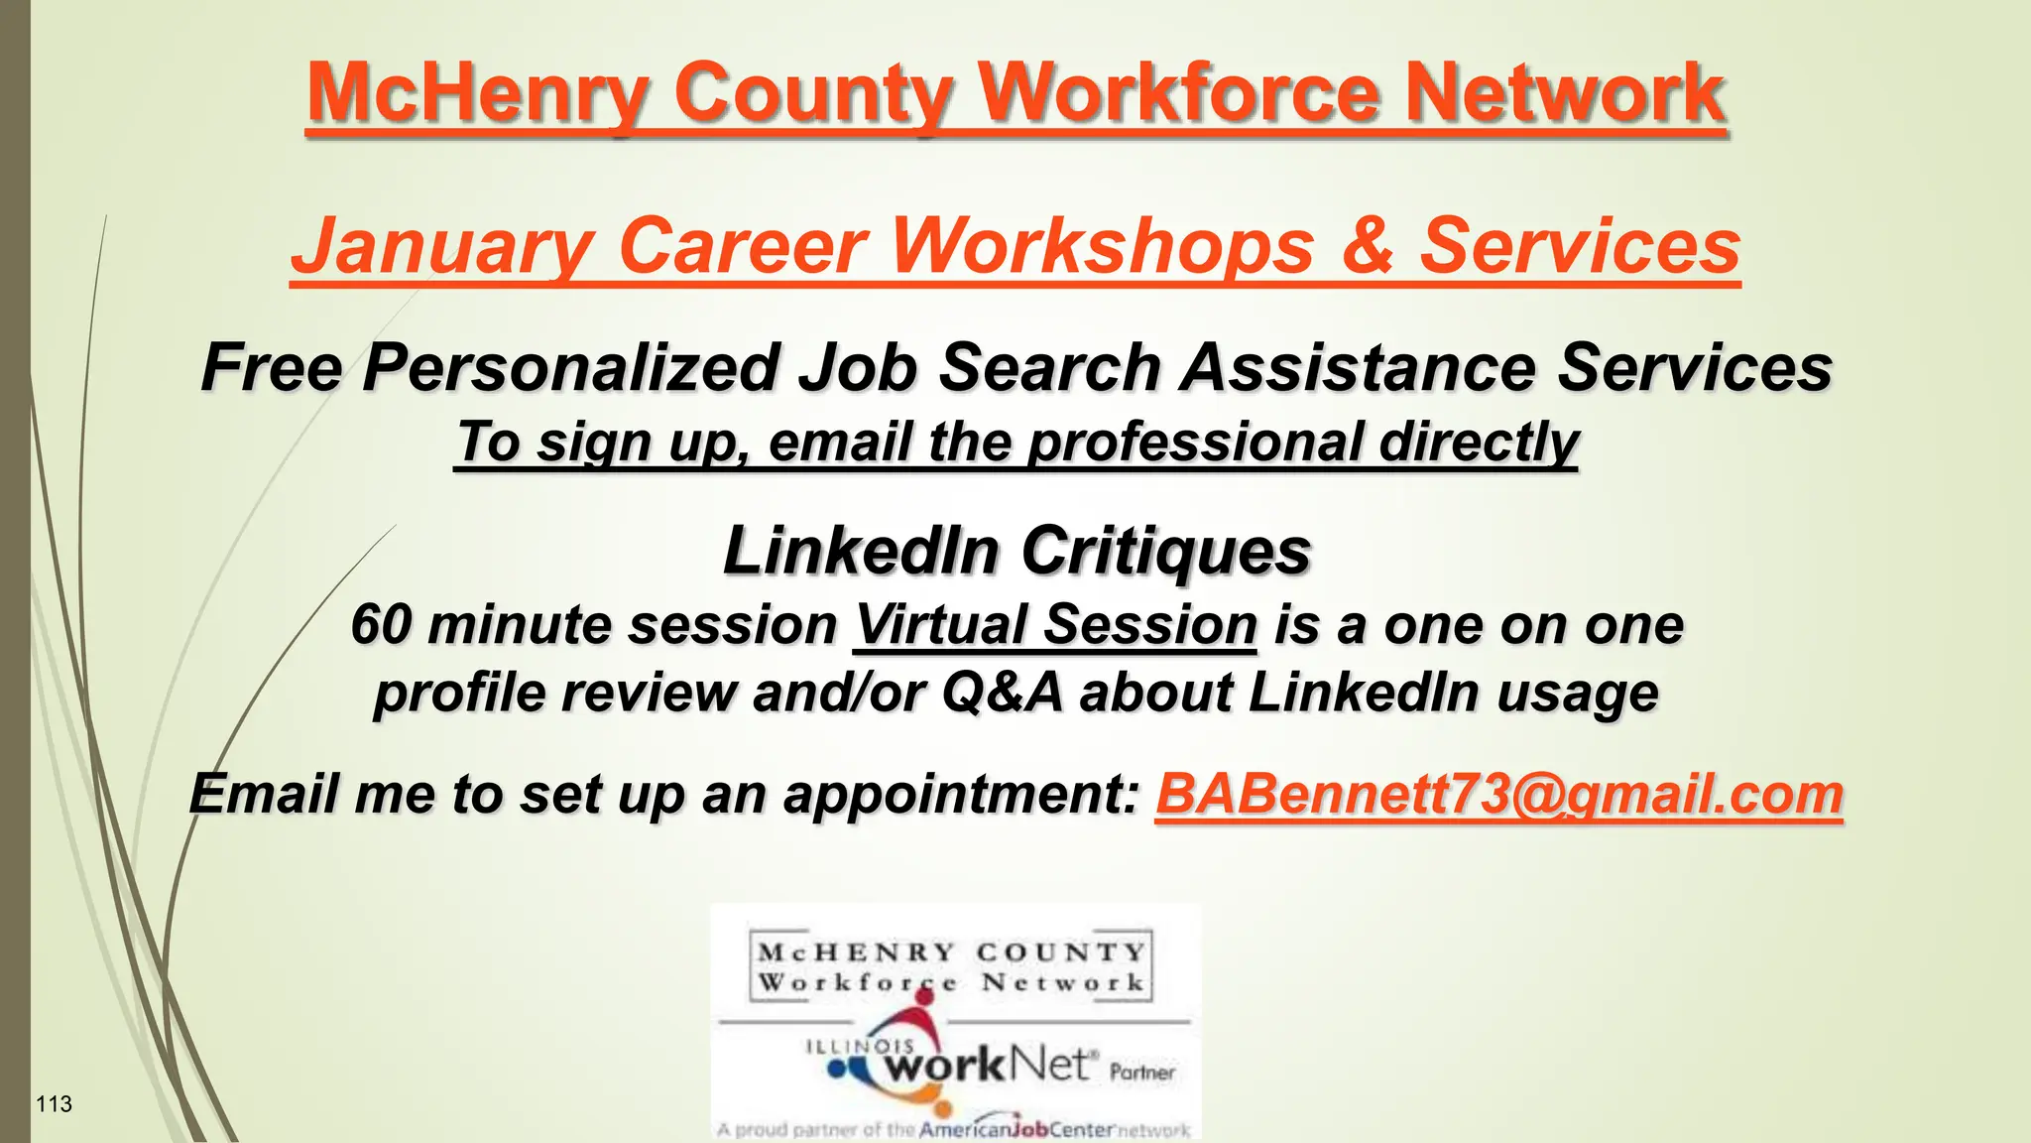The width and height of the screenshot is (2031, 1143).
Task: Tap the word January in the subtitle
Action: [442, 246]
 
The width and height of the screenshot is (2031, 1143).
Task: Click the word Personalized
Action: [570, 368]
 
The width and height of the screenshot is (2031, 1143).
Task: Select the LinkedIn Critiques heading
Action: [1016, 551]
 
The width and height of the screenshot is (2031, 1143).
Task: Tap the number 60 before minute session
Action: [381, 625]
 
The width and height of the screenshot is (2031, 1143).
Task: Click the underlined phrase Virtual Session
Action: [1055, 625]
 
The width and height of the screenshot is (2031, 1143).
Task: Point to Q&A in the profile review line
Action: [1002, 693]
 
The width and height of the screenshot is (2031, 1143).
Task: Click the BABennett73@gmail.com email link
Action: [1498, 795]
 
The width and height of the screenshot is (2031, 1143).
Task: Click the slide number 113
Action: [54, 1104]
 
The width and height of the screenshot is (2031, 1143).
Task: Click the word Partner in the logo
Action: [1142, 1073]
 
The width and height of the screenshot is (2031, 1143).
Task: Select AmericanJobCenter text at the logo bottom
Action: [1016, 1129]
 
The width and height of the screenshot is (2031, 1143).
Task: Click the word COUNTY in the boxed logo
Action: [1061, 952]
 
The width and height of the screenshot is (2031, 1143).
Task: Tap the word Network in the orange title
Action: [1566, 93]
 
